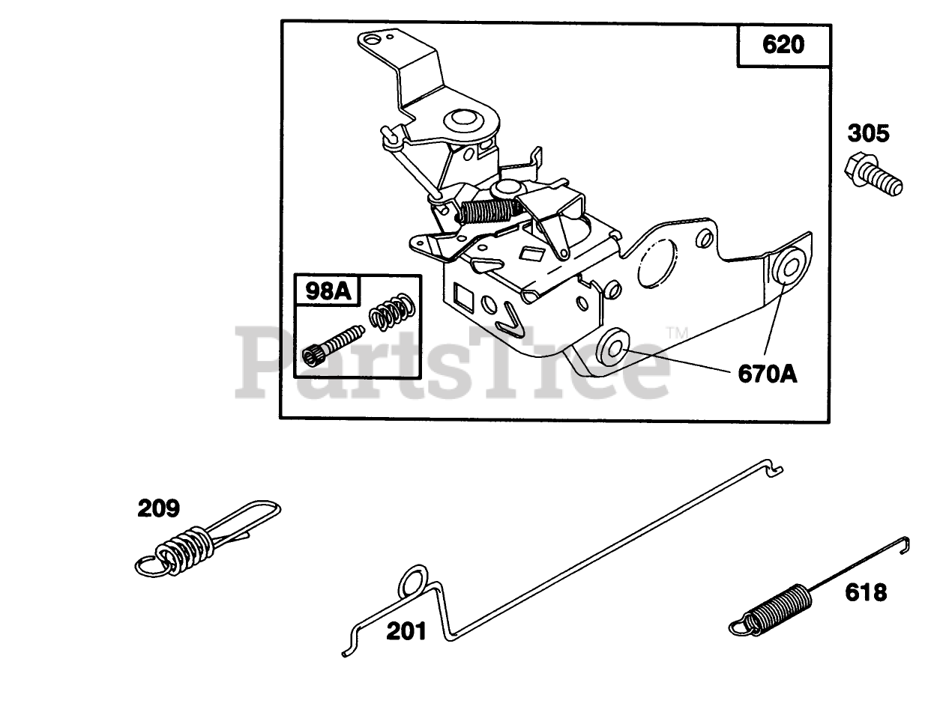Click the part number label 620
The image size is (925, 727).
pos(783,45)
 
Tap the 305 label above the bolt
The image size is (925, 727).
pos(869,134)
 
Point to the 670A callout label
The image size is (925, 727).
pos(768,372)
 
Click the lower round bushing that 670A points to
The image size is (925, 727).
pos(613,347)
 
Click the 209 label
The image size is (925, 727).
pos(158,509)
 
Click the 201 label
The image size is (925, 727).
pos(406,631)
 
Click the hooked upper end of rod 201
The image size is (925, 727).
pos(774,469)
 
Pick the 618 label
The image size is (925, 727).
pos(865,593)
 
